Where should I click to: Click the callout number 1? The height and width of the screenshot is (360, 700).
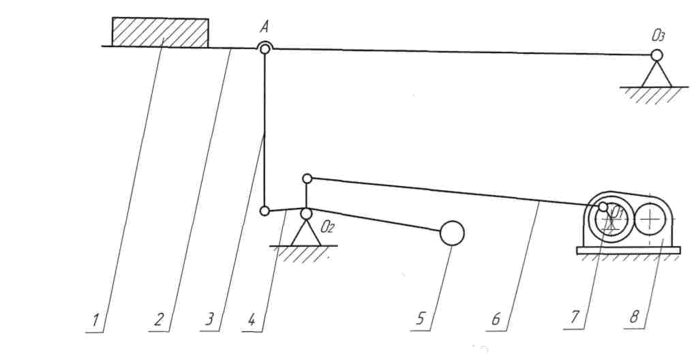[97, 319]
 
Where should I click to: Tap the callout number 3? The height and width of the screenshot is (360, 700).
[211, 319]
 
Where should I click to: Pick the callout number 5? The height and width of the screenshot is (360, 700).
[421, 319]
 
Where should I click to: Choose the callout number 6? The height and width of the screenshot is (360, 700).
[496, 319]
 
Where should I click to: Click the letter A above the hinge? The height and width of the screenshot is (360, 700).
[264, 28]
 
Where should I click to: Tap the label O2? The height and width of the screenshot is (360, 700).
[326, 226]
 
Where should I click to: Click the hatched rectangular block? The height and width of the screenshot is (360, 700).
[160, 33]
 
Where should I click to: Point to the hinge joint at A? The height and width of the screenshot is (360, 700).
[264, 49]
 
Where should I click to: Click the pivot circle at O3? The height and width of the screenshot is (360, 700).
[656, 55]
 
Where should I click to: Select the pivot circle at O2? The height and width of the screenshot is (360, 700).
[307, 213]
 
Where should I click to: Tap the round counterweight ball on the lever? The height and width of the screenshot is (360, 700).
[452, 233]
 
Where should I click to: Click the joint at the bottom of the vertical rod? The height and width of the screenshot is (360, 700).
[264, 211]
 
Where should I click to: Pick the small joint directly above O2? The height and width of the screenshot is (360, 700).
[307, 179]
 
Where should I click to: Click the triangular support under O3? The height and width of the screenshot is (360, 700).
[656, 74]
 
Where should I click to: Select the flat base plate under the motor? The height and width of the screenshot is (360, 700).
[628, 250]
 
